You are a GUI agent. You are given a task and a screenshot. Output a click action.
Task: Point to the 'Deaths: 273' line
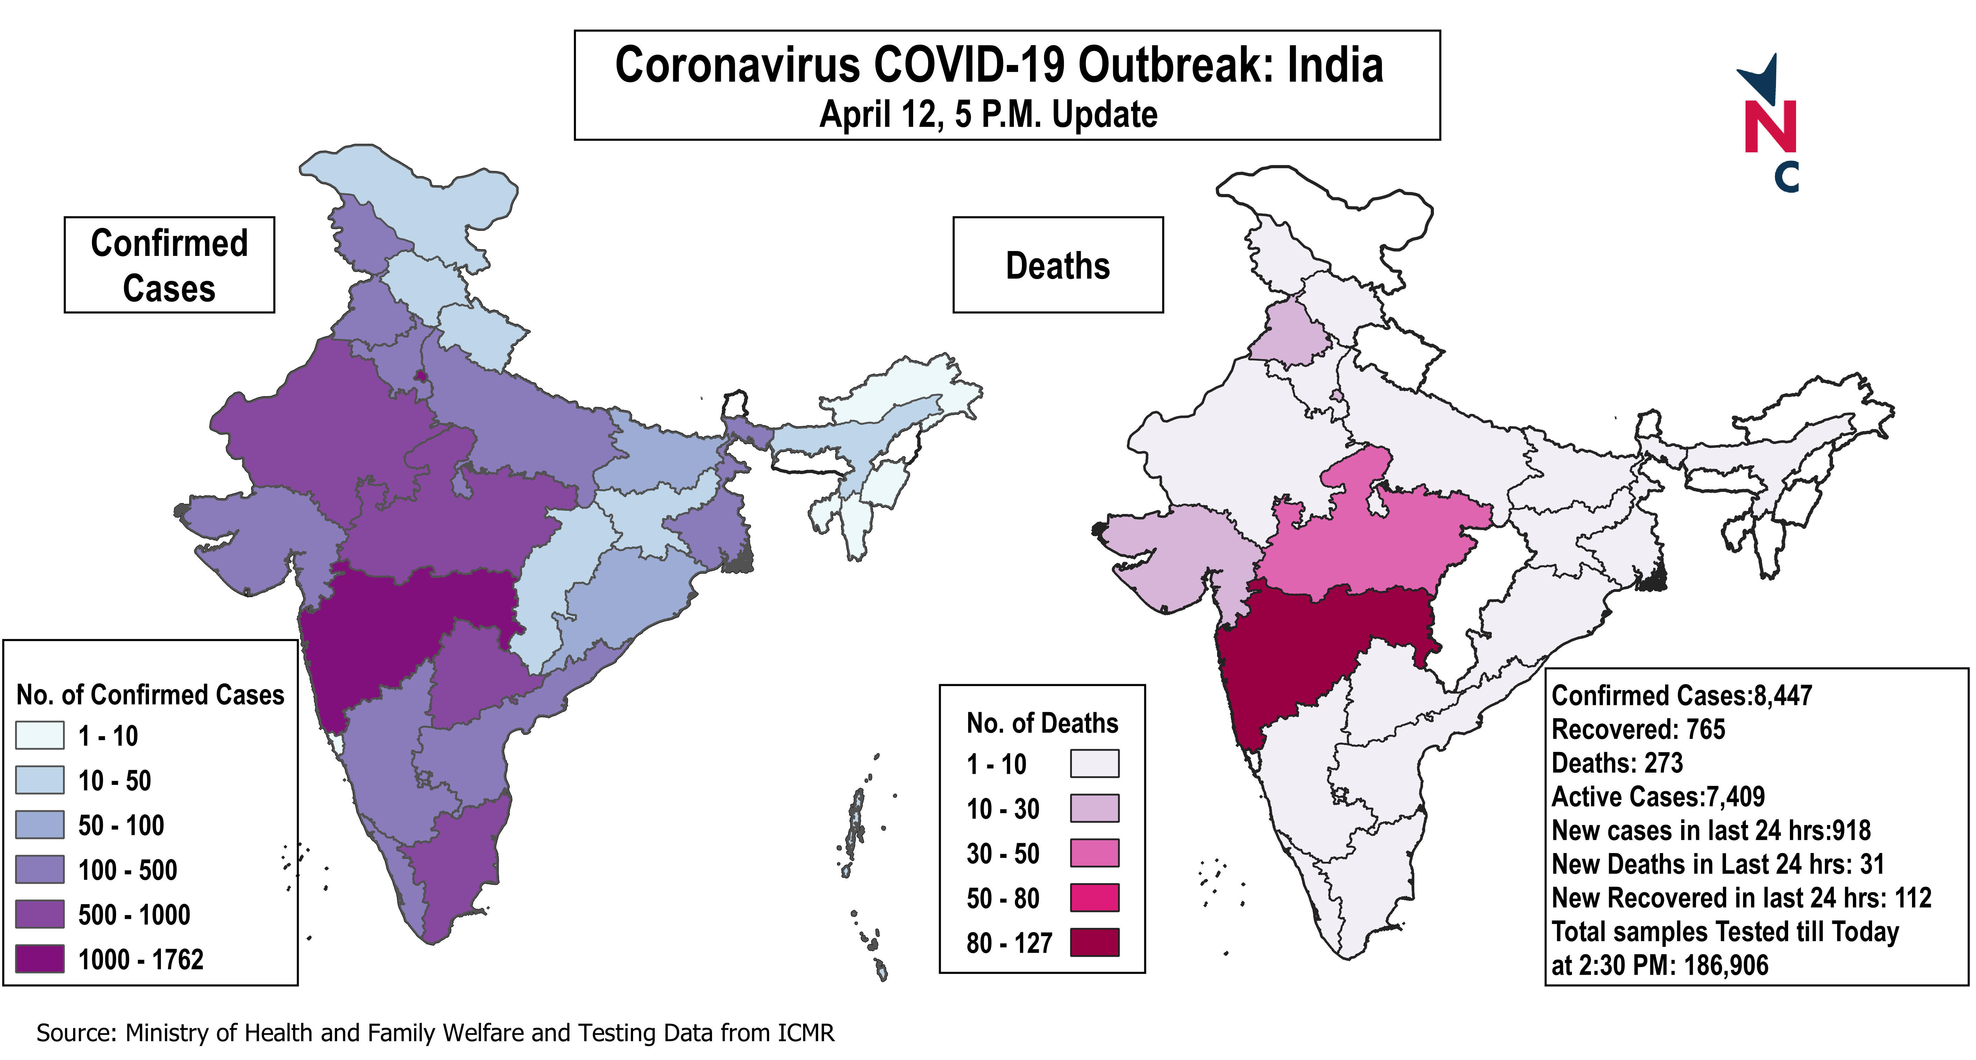click(x=1617, y=763)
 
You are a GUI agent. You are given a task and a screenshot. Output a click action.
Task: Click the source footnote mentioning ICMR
click(x=435, y=1033)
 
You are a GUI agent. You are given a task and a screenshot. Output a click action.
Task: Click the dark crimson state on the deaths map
click(x=1304, y=652)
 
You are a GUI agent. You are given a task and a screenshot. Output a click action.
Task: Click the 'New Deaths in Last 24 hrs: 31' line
click(x=1718, y=865)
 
